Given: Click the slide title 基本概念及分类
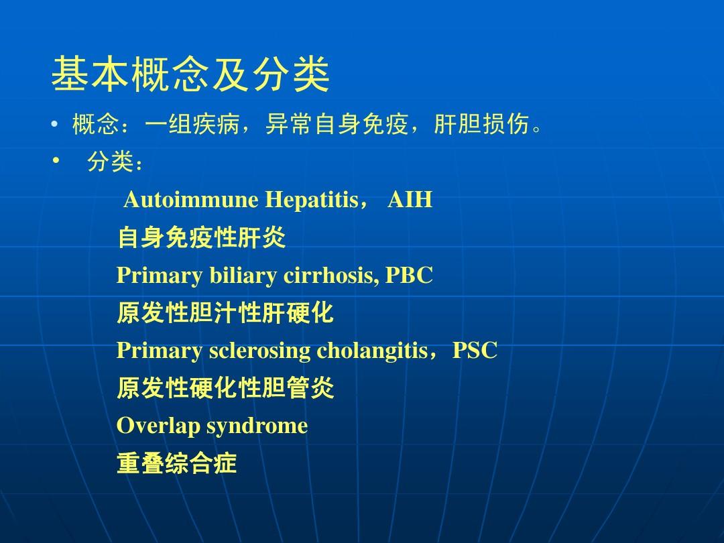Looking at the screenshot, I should pyautogui.click(x=190, y=75).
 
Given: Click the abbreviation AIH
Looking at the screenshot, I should pyautogui.click(x=410, y=200).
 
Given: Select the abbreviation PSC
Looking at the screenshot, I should pyautogui.click(x=475, y=350).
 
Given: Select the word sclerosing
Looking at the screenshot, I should pyautogui.click(x=259, y=350).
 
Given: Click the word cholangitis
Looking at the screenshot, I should pyautogui.click(x=372, y=350).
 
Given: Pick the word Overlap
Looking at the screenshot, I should pyautogui.click(x=158, y=426).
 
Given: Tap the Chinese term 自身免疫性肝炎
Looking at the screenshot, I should pyautogui.click(x=201, y=237).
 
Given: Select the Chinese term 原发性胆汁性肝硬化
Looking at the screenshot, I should pyautogui.click(x=225, y=313).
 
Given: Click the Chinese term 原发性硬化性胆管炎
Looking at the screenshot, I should pyautogui.click(x=225, y=388).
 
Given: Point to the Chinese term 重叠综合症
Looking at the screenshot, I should pyautogui.click(x=177, y=464).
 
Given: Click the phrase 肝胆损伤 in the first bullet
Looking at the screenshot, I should pyautogui.click(x=481, y=125).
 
